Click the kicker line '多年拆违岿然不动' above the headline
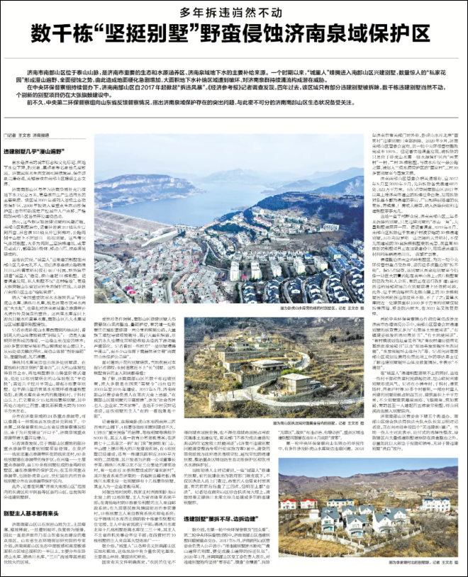233,11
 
